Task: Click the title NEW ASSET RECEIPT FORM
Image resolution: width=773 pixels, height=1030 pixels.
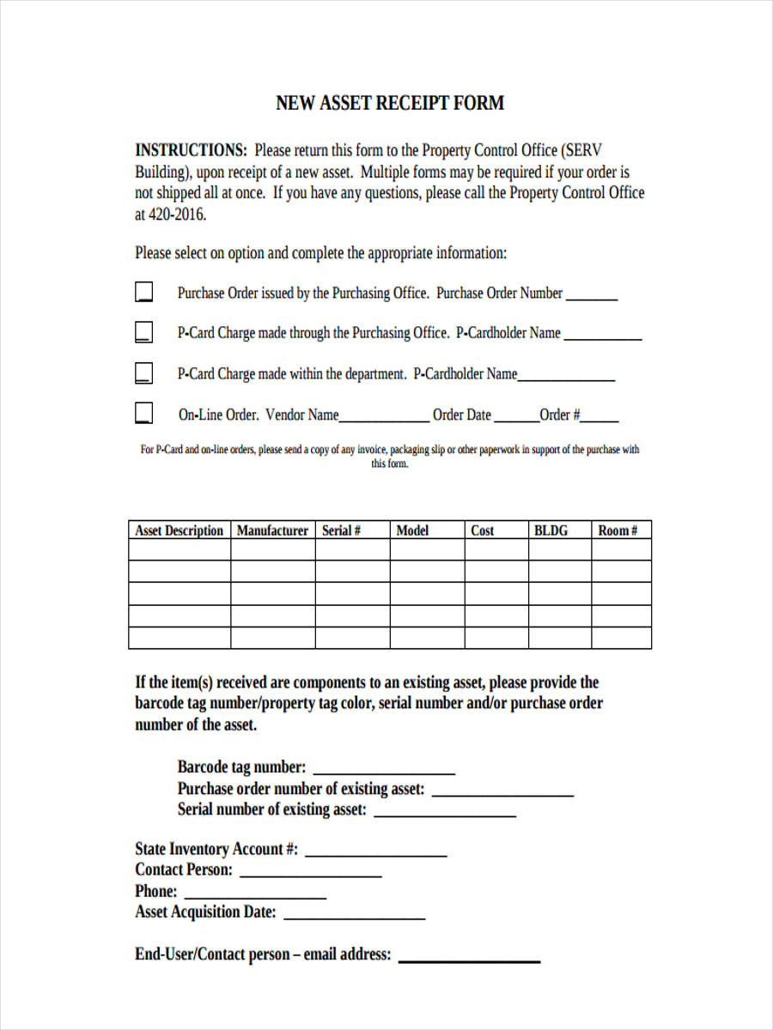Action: [x=389, y=103]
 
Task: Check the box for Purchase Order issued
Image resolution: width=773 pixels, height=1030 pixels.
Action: [x=144, y=293]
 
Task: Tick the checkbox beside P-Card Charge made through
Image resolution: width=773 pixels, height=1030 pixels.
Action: [x=144, y=332]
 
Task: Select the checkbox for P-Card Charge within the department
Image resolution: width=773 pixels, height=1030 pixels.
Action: [x=144, y=373]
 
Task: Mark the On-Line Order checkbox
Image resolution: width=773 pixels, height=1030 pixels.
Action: [x=144, y=414]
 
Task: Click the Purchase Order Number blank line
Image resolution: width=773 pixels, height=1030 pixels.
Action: [x=592, y=297]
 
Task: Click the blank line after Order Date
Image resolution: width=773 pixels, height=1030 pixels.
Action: [x=515, y=420]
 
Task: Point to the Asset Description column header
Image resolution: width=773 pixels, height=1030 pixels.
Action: [x=179, y=530]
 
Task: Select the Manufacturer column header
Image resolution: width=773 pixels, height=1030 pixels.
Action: [x=272, y=530]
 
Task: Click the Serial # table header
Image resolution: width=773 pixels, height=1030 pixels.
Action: [x=341, y=530]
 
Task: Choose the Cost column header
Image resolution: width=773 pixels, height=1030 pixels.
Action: [x=483, y=530]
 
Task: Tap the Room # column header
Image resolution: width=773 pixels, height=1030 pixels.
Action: [x=618, y=530]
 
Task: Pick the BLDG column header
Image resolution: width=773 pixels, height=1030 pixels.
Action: [x=551, y=530]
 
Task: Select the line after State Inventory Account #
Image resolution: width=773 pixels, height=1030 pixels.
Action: [x=376, y=854]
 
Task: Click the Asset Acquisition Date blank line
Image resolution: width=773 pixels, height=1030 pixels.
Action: [x=354, y=918]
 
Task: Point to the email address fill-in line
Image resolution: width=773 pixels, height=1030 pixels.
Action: [x=469, y=960]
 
